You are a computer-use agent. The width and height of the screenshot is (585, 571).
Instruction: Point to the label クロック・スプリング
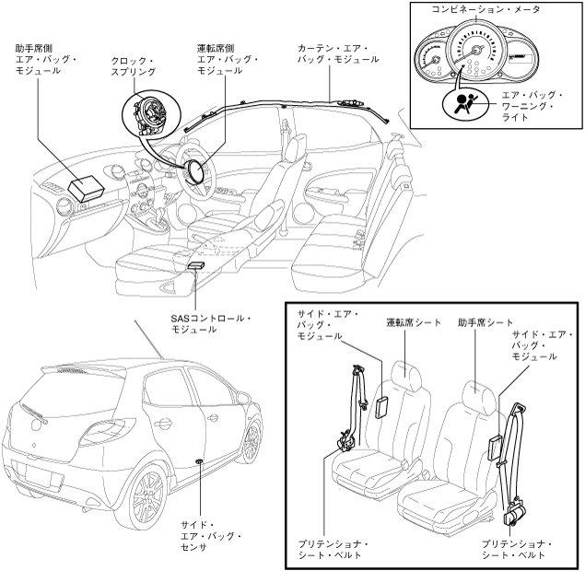(x=136, y=64)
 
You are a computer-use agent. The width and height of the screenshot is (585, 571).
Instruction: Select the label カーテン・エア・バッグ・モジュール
(x=336, y=52)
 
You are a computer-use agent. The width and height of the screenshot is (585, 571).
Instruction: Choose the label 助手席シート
(x=485, y=323)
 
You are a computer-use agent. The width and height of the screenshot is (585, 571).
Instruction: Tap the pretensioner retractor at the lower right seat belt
(x=519, y=504)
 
